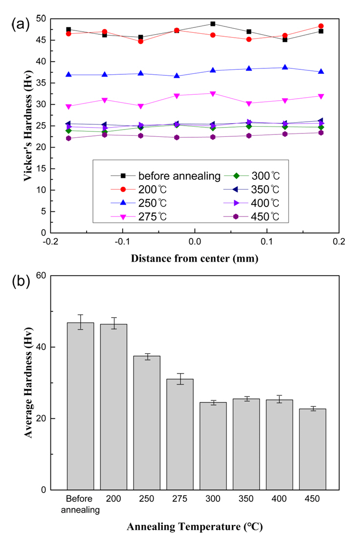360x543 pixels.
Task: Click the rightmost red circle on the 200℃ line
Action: click(321, 26)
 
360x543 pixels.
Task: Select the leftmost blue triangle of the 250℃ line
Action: click(68, 74)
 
